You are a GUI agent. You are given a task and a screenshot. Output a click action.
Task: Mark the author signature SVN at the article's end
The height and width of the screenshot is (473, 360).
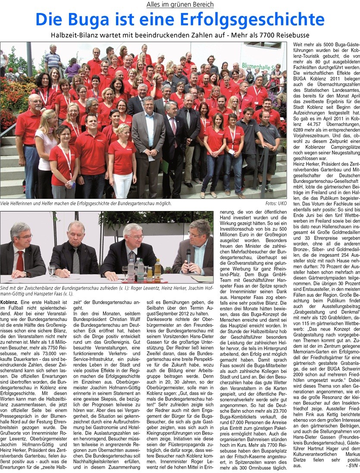(x=352, y=469)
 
